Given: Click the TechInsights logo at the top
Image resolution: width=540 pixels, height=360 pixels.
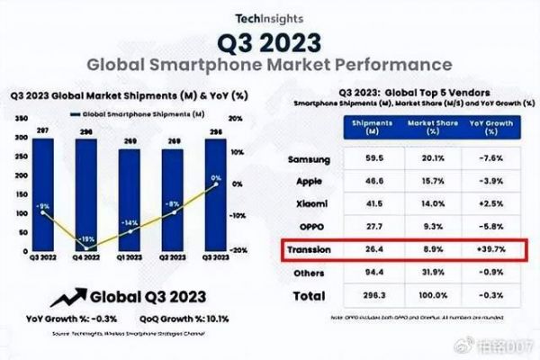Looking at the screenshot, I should tap(270, 17).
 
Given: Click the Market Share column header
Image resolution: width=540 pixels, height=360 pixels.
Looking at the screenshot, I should tap(422, 129).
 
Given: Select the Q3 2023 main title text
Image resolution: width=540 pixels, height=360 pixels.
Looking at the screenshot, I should tap(270, 42).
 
